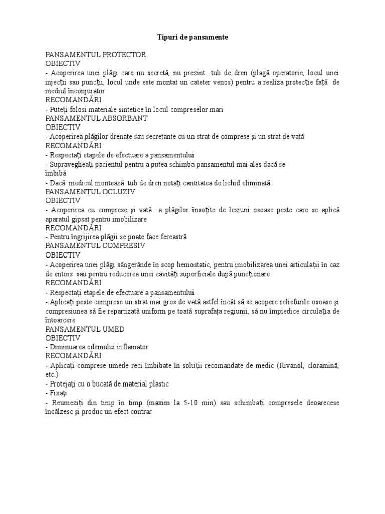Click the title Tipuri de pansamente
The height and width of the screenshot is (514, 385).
(192, 37)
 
